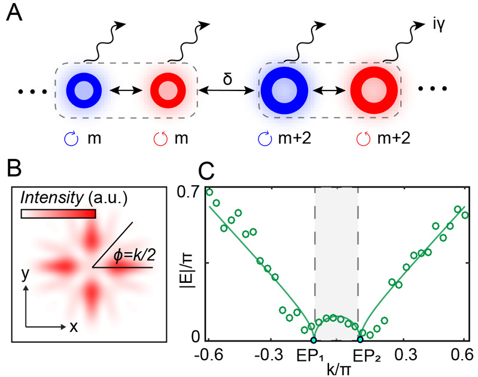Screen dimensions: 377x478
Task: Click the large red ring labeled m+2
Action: (x=374, y=92)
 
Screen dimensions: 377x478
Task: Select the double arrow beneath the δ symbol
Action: (x=227, y=92)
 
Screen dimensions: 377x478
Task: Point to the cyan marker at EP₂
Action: (x=360, y=340)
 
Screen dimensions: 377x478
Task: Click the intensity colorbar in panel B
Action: (x=58, y=213)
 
